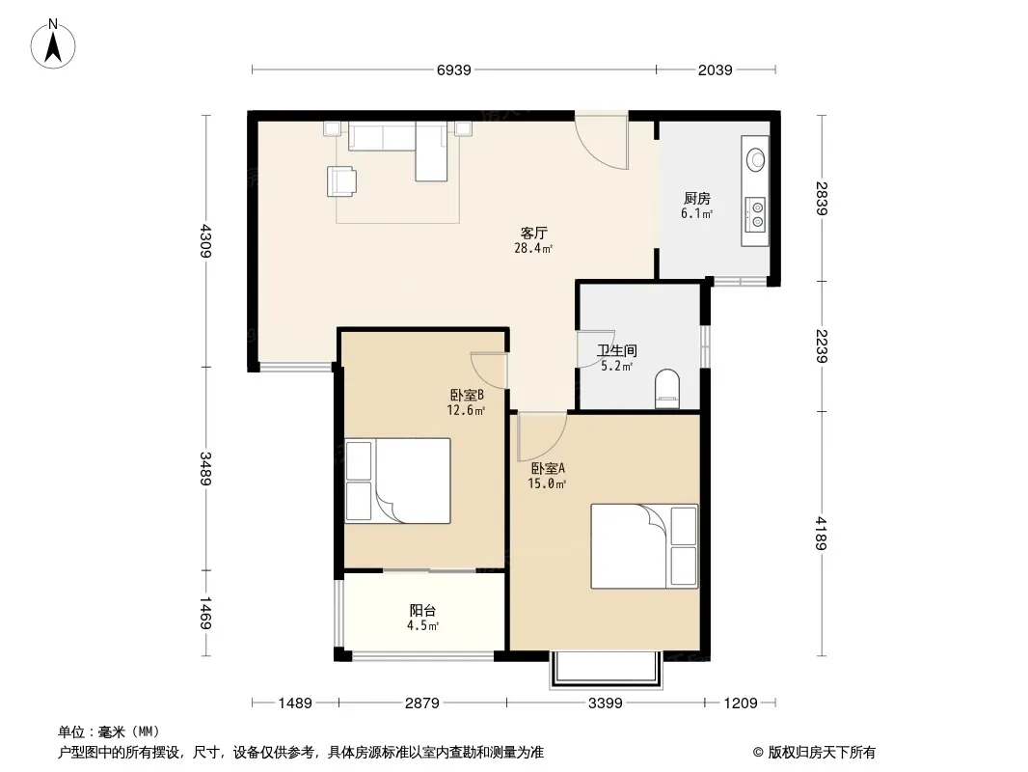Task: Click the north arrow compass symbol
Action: point(53,44)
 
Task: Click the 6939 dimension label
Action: point(453,69)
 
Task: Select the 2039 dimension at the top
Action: point(715,69)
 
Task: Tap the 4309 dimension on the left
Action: point(205,240)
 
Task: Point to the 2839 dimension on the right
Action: point(823,198)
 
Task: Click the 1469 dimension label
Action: point(205,613)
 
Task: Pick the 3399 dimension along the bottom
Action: point(605,703)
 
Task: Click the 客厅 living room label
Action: point(533,233)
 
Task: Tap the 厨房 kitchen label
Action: point(697,198)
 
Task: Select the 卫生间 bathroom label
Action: point(617,351)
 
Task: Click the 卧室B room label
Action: point(467,396)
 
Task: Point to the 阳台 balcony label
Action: point(423,611)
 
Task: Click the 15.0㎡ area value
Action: point(547,484)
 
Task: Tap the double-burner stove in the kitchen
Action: point(756,214)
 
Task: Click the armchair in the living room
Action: point(341,181)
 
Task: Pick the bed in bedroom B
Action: point(397,481)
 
